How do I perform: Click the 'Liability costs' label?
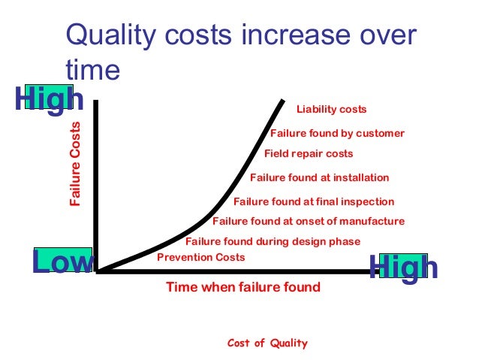click(331, 110)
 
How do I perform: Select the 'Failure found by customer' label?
click(337, 134)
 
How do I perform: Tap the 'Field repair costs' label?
click(309, 154)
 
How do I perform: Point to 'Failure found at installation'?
click(319, 178)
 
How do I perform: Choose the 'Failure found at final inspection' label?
click(314, 201)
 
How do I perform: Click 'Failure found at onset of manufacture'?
click(309, 221)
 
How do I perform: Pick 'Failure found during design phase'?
click(273, 241)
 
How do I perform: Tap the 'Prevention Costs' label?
click(201, 257)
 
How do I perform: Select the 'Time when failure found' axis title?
click(243, 286)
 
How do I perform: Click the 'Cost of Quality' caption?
click(267, 343)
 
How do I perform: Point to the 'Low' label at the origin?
click(62, 263)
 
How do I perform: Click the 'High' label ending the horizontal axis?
click(403, 268)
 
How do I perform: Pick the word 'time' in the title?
click(92, 69)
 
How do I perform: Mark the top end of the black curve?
click(284, 100)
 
